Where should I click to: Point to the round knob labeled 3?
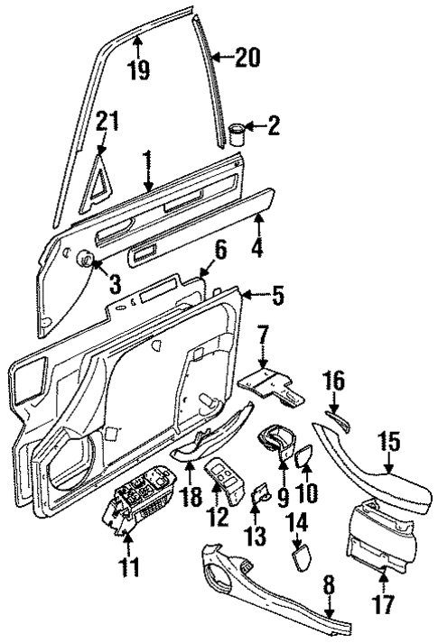tap(89, 260)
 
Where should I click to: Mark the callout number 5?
tap(276, 296)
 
